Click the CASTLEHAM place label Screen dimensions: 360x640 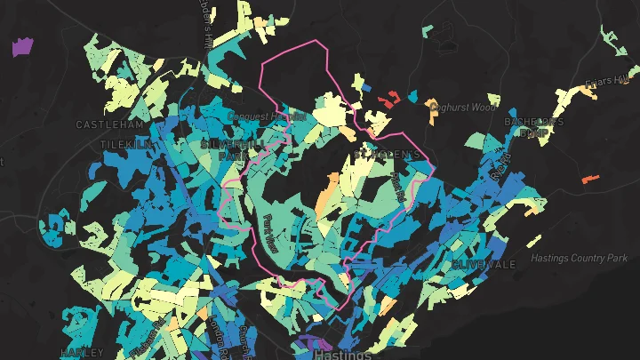(110, 124)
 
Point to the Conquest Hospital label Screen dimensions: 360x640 (267, 116)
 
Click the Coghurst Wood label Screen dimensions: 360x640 (461, 108)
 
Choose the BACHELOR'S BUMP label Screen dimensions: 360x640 (534, 127)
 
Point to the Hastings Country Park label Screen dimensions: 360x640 (579, 259)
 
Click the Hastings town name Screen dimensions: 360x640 (343, 354)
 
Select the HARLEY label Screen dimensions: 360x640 (82, 352)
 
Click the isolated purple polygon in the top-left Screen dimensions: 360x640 (21, 46)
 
